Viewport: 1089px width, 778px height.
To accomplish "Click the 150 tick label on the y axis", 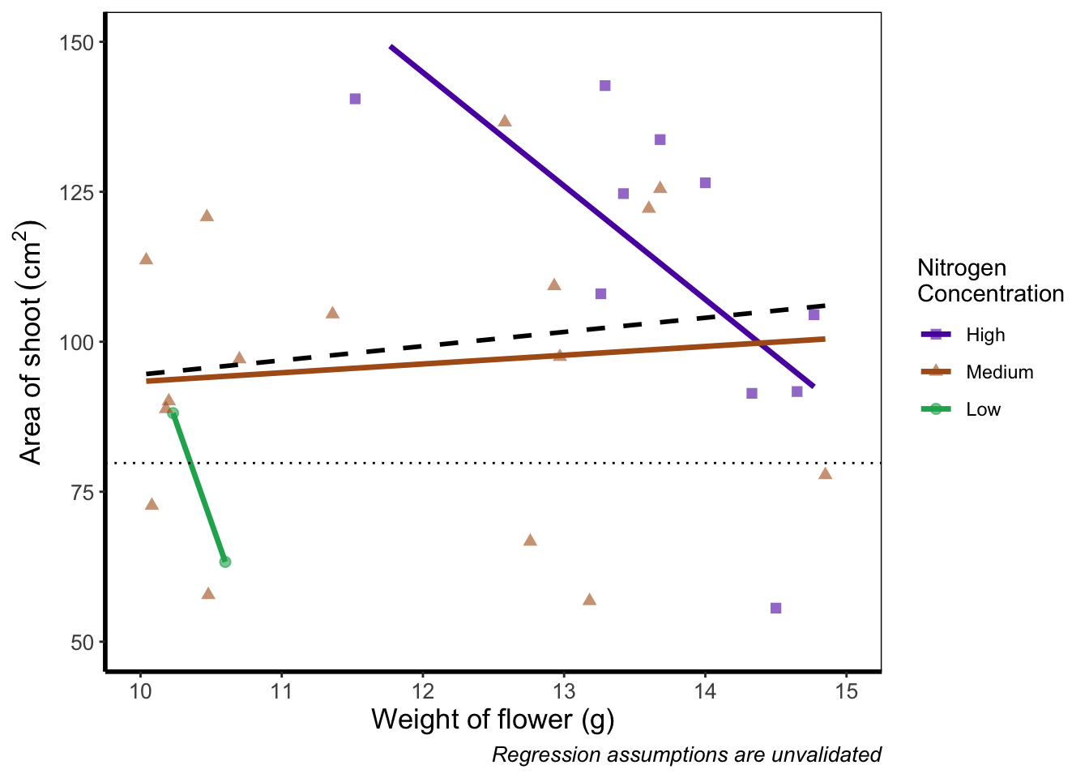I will pos(77,42).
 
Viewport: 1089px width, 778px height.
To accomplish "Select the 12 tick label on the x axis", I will pos(422,691).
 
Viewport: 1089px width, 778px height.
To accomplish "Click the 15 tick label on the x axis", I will pos(846,691).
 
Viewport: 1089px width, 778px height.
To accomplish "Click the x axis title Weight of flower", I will pos(492,720).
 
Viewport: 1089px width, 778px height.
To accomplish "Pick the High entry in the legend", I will pos(985,336).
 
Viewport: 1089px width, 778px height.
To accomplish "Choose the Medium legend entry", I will pos(999,373).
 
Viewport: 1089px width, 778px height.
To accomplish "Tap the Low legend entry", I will pos(983,410).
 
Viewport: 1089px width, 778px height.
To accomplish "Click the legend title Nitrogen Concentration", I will pos(989,280).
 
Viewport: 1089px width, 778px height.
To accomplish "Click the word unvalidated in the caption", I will pos(826,755).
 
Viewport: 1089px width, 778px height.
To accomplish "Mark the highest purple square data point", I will pos(604,86).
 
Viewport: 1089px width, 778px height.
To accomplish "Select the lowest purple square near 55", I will pos(775,608).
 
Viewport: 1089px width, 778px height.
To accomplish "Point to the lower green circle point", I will pos(225,562).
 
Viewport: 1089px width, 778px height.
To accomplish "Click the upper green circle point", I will pos(173,413).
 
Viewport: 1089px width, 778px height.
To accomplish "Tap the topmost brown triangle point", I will pos(505,121).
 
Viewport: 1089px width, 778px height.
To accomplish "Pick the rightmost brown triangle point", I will pos(825,473).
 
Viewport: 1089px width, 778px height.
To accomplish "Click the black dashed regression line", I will pos(486,340).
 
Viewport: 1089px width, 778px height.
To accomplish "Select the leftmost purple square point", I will pos(355,99).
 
